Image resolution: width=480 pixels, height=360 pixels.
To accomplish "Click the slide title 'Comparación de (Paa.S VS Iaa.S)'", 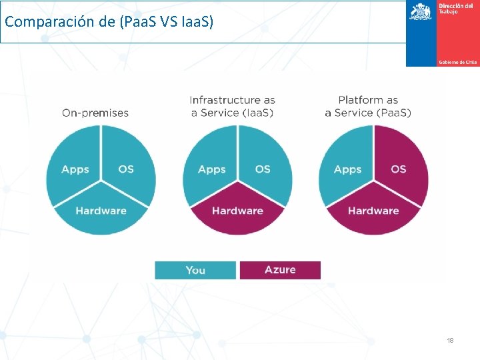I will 109,22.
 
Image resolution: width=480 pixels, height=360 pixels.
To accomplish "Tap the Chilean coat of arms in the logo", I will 420,12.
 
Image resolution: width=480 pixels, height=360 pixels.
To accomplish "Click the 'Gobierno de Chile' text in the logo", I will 457,62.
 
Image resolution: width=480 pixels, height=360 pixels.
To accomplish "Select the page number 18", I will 450,341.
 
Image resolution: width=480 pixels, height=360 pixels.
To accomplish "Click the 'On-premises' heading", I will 95,113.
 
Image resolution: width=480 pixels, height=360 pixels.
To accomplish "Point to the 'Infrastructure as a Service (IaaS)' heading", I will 232,106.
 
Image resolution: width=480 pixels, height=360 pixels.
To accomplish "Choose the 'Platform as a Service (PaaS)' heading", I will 368,106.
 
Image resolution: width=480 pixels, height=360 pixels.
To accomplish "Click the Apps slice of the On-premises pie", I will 74,166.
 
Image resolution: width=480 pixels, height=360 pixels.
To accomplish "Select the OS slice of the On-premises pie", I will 127,166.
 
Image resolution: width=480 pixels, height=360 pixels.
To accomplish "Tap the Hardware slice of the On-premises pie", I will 101,213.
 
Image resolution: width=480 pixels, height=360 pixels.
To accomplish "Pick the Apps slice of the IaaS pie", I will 211,166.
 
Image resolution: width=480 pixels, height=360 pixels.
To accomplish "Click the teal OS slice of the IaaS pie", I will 264,166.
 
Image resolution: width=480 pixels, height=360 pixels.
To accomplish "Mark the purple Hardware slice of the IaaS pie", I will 237,213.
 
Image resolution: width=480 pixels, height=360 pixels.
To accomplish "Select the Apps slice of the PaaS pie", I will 347,166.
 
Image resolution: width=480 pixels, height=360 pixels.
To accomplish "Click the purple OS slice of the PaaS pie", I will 400,166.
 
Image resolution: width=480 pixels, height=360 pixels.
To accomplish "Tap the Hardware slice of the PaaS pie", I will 373,213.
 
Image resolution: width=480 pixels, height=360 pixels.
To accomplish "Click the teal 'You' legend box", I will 195,270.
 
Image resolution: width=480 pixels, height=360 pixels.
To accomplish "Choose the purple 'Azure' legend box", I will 280,270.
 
